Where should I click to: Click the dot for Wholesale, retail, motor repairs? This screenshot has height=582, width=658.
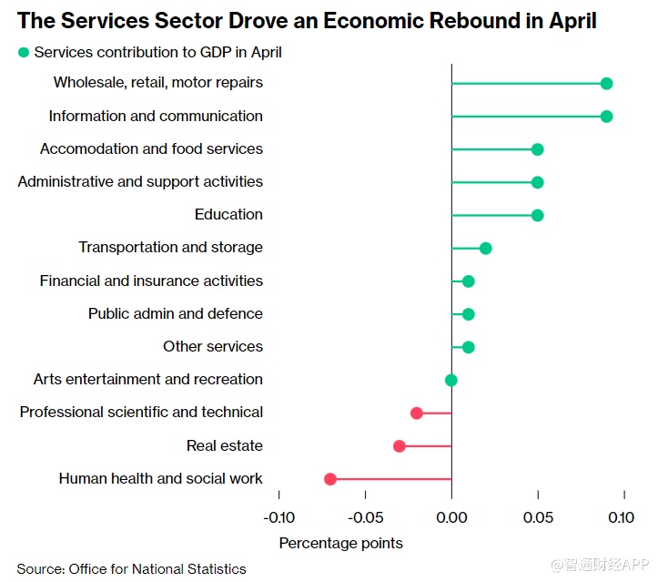point(606,83)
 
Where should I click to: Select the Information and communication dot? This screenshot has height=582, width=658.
point(606,117)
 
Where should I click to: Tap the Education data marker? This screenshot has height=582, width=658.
point(537,215)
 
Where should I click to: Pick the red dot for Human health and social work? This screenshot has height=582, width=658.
point(330,479)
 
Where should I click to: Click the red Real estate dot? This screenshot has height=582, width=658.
point(400,446)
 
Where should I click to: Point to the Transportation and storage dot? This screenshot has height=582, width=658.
point(485,249)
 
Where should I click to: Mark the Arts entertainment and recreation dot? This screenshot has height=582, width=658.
point(451,380)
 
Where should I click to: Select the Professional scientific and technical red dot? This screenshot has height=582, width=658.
point(417,413)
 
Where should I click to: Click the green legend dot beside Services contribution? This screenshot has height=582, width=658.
point(24,53)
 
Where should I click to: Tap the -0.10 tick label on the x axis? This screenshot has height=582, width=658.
point(278,517)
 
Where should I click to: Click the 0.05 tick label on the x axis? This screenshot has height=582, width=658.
point(538,517)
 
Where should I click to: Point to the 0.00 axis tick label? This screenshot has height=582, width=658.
point(451,517)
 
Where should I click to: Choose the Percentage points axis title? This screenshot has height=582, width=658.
point(340,543)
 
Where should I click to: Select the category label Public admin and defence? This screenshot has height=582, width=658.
point(176,313)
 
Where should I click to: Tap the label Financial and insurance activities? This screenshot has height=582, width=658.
point(151,281)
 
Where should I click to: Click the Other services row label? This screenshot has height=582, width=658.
point(213,346)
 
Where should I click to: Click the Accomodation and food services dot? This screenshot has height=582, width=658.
point(537,149)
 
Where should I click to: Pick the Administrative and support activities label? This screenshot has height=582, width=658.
point(140,181)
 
